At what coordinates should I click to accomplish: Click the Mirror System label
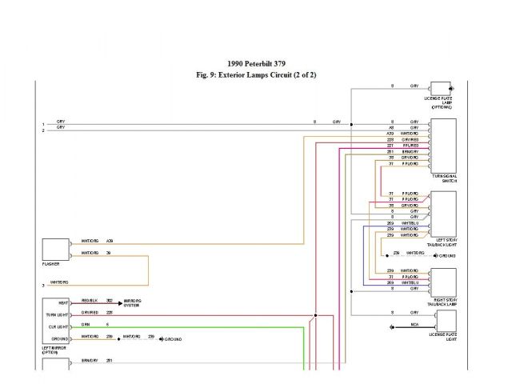pos(133,305)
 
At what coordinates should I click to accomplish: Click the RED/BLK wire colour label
pos(90,301)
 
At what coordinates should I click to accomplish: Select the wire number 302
pos(109,301)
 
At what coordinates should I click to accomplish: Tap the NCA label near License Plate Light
pos(414,326)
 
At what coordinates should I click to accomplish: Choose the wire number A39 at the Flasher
pos(110,240)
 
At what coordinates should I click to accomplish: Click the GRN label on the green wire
pos(86,324)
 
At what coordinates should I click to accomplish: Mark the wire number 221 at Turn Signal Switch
pos(390,145)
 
